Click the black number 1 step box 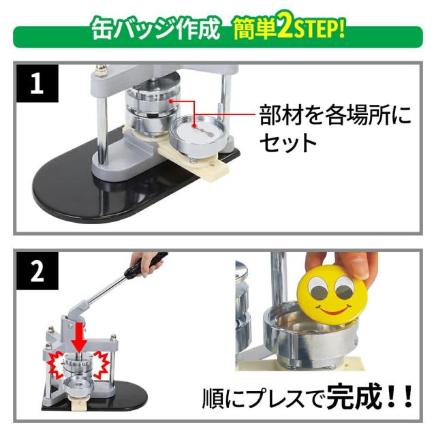point(37,83)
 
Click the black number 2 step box point(37,271)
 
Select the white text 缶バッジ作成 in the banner point(156,29)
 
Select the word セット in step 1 point(288,142)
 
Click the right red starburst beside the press point(102,364)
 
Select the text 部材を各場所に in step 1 point(335,114)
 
